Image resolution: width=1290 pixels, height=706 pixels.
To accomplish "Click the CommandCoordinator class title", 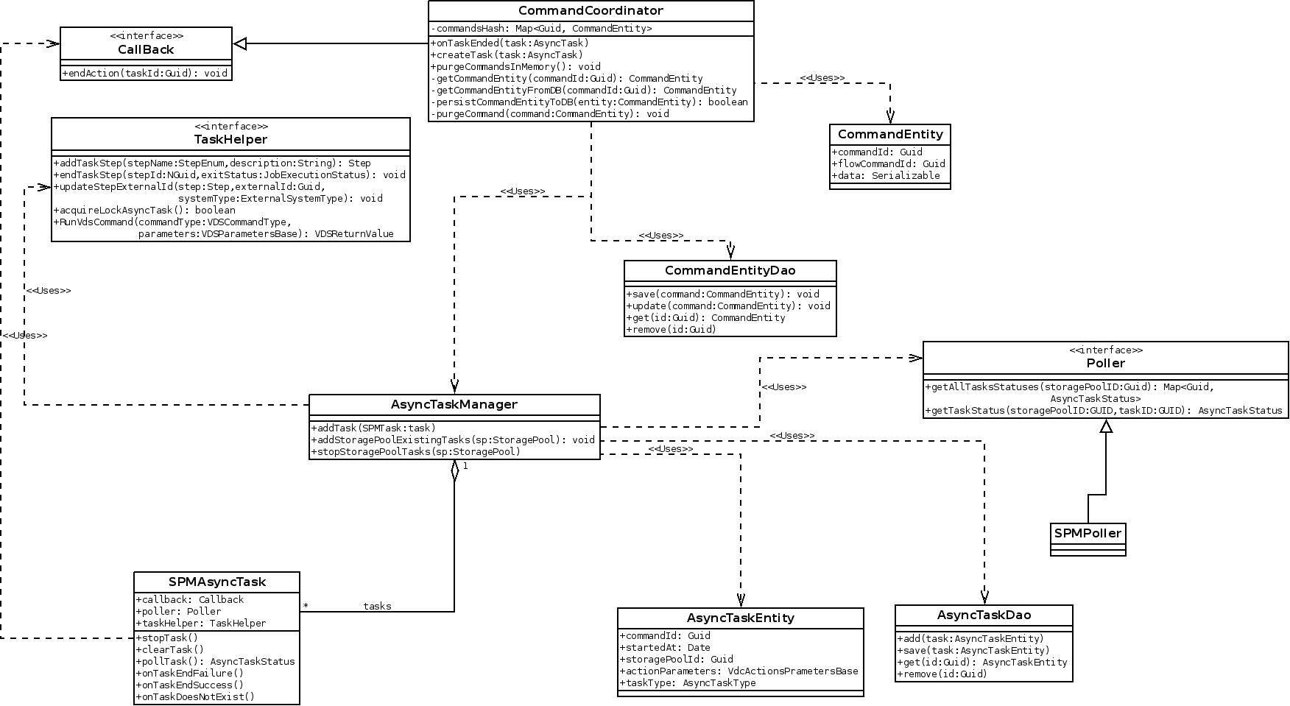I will click(x=591, y=11).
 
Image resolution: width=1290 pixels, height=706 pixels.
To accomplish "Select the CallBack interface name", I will click(x=146, y=49).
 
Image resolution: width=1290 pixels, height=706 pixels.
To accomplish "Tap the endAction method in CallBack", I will click(x=145, y=73).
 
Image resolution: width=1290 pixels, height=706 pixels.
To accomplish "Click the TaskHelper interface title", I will click(x=230, y=139).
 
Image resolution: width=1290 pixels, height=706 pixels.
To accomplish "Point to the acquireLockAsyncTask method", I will click(x=144, y=211).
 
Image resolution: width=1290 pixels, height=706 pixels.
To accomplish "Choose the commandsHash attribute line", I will click(x=541, y=29).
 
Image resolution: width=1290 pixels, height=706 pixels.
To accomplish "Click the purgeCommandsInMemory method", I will click(x=515, y=67).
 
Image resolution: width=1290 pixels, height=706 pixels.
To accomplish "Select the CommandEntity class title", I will click(x=890, y=134).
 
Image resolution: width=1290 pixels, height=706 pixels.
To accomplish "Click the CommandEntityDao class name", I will click(x=730, y=271).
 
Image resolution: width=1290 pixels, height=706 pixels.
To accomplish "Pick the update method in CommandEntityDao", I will click(x=728, y=306).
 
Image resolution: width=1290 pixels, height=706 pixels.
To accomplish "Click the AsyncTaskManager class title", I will click(x=454, y=404).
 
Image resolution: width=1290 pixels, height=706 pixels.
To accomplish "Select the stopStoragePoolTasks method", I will click(x=416, y=452).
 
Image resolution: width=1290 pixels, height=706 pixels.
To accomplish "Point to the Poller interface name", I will click(x=1105, y=363).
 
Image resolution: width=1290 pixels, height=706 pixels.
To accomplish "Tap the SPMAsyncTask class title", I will click(x=216, y=582).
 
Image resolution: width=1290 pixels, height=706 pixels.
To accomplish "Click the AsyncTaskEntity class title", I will click(x=740, y=618).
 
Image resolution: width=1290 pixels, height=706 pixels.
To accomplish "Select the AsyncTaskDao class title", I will click(x=984, y=615).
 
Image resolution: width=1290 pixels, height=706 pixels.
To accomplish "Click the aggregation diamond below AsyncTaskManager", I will click(x=454, y=470).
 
